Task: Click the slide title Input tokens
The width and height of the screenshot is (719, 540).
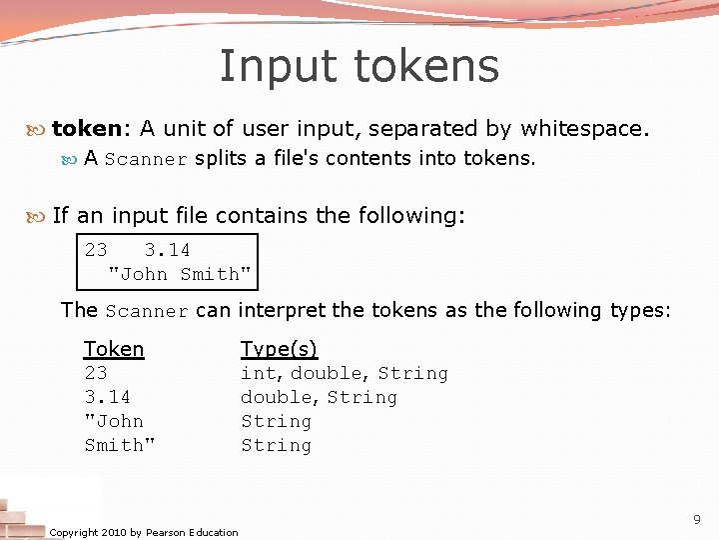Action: click(359, 67)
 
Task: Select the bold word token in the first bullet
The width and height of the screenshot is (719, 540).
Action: click(86, 128)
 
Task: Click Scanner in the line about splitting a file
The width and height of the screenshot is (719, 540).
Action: click(146, 159)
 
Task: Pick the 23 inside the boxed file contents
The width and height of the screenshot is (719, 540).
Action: click(96, 250)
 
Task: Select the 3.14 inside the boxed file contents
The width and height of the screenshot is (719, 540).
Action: click(167, 250)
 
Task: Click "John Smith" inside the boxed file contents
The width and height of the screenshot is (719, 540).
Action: click(180, 274)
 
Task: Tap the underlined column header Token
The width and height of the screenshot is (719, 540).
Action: click(114, 349)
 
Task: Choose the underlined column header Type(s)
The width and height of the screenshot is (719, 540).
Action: click(279, 349)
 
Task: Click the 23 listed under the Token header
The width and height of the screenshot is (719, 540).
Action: click(96, 373)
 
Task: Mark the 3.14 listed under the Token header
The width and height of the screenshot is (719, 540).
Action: click(107, 397)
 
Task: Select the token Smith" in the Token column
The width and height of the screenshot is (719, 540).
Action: click(120, 445)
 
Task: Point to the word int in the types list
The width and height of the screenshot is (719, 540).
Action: click(258, 373)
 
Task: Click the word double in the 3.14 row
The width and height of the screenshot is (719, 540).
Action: click(277, 397)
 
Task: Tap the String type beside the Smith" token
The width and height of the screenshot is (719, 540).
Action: click(276, 445)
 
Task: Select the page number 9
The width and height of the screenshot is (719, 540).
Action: click(696, 519)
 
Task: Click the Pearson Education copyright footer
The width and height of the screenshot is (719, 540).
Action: click(144, 532)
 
